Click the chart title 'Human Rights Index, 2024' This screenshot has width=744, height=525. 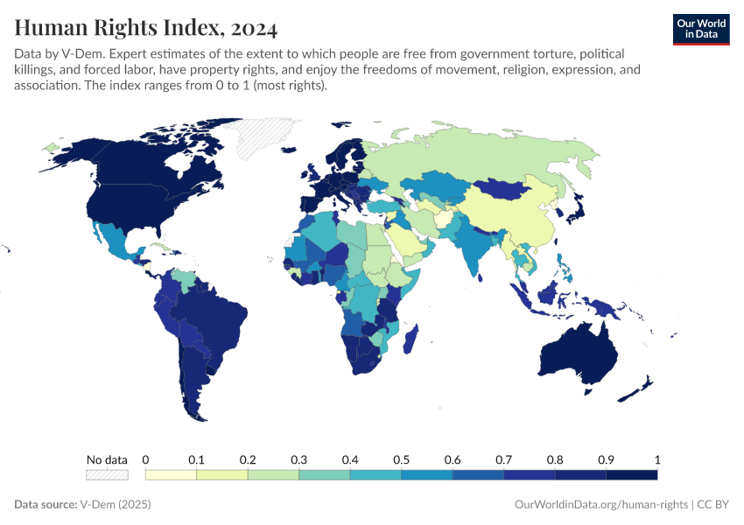[x=146, y=28]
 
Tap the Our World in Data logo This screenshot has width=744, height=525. [x=700, y=29]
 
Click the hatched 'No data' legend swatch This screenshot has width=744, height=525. [x=107, y=474]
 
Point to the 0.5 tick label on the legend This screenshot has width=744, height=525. [x=401, y=459]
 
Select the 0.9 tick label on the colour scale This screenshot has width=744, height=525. [x=606, y=459]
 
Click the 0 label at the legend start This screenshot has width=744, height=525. [x=145, y=459]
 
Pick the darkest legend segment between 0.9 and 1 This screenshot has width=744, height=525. [x=632, y=474]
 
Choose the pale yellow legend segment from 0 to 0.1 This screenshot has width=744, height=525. [x=171, y=474]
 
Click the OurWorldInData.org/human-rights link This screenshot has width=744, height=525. [x=600, y=505]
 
